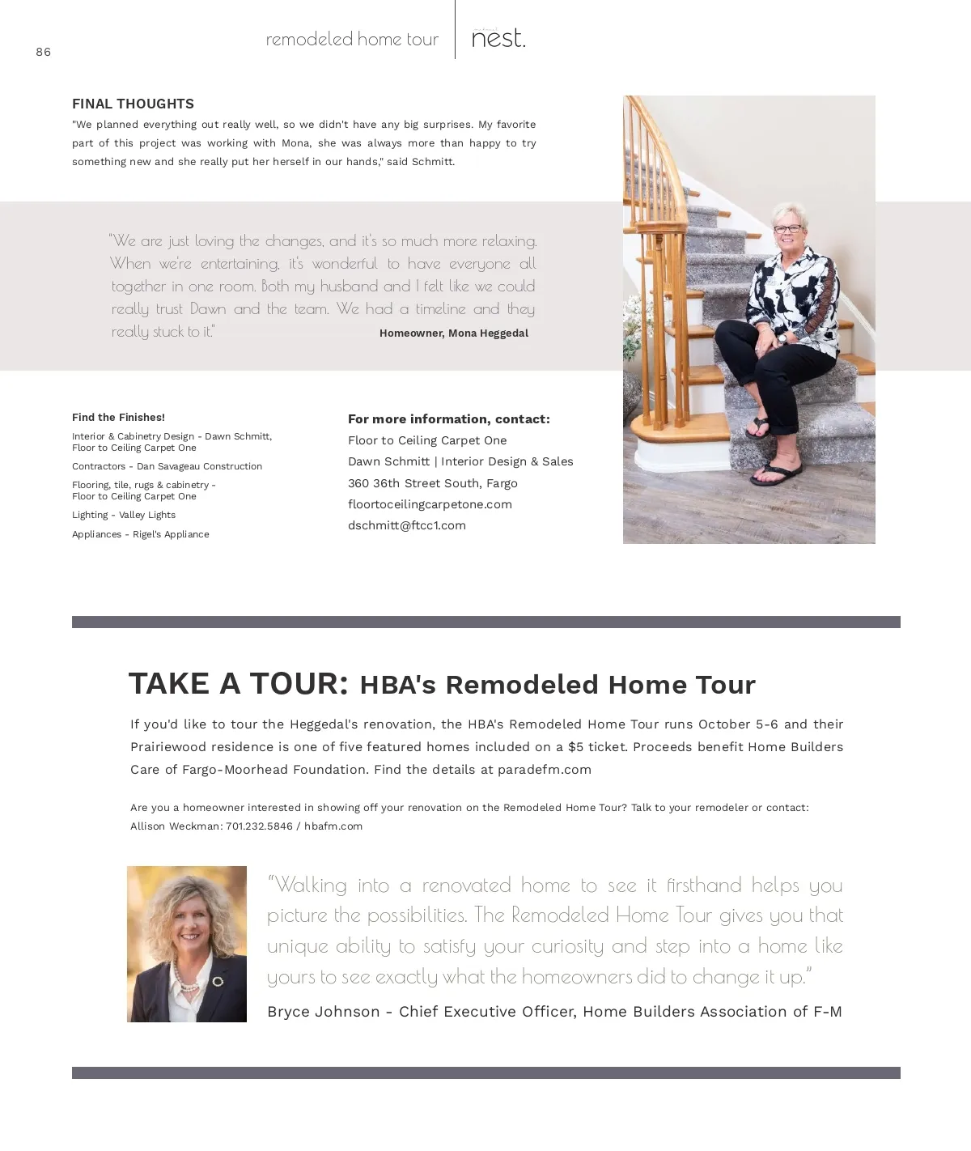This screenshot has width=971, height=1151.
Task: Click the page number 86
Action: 44,52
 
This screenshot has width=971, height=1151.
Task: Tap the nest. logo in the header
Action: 498,38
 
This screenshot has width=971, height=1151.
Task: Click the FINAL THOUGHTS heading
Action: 133,104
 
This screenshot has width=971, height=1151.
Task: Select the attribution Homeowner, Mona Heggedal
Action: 453,333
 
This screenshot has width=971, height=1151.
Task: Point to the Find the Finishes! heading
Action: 118,418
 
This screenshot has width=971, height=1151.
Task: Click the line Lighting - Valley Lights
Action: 124,515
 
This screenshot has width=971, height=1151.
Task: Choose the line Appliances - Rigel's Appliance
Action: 141,534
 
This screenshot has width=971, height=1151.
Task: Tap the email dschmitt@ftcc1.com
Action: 407,525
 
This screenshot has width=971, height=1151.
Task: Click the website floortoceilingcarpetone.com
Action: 430,504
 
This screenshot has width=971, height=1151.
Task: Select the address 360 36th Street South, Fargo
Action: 433,483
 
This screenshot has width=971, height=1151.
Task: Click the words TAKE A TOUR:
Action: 239,684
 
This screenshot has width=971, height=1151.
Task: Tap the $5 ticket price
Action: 575,747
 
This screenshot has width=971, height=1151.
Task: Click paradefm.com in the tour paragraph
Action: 545,770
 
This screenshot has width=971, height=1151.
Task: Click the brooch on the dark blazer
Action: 218,982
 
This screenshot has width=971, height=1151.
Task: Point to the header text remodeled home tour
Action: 352,39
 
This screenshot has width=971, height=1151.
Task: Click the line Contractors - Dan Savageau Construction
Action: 167,466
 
